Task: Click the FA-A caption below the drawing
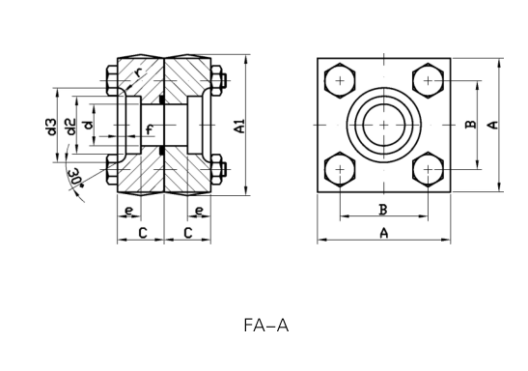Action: click(x=266, y=326)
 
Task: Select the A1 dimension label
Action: click(x=239, y=126)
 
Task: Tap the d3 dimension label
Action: click(x=51, y=127)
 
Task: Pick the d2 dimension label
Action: click(x=70, y=127)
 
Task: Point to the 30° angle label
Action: click(x=76, y=178)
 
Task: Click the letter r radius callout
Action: click(x=138, y=71)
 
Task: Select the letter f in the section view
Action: click(x=150, y=129)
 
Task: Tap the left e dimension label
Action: click(x=129, y=211)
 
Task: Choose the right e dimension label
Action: click(x=200, y=211)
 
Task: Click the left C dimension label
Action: click(x=143, y=233)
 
